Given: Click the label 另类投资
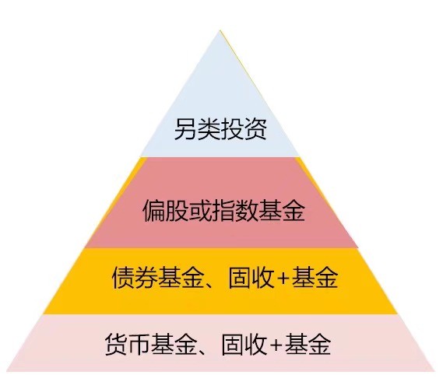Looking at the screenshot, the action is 220,128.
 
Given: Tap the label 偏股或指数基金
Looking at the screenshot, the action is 224,210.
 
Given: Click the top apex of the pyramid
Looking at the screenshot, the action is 220,30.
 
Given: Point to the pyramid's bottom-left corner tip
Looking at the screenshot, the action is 7,370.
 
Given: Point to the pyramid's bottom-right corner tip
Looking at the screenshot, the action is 434,370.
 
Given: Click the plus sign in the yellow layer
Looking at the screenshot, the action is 283,279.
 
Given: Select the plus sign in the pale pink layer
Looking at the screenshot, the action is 276,345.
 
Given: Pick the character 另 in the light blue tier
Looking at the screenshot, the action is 185,128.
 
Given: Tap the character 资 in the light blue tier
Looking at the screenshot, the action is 255,128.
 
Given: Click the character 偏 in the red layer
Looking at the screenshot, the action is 154,210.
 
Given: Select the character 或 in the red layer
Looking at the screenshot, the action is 201,210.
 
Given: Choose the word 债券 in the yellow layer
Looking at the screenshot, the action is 135,278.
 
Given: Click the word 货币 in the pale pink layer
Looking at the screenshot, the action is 128,344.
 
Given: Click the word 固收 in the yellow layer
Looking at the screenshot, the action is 251,278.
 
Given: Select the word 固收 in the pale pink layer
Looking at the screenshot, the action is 244,344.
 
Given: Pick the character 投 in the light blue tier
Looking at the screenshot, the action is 232,128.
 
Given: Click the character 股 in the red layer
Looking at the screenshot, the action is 178,210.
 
